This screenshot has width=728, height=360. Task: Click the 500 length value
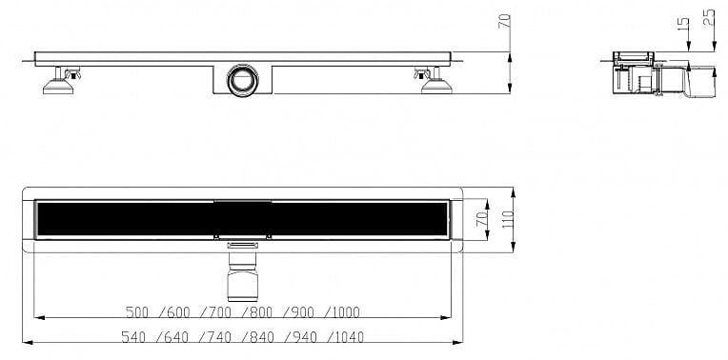(137, 312)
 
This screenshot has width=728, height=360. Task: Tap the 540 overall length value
(132, 337)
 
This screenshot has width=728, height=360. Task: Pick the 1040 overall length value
(349, 337)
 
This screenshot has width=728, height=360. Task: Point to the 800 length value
(261, 312)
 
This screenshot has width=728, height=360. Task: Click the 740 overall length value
(219, 337)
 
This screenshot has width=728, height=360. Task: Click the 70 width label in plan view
(482, 217)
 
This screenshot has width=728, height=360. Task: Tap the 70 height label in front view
(504, 21)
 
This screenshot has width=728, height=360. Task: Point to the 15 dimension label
(682, 24)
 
